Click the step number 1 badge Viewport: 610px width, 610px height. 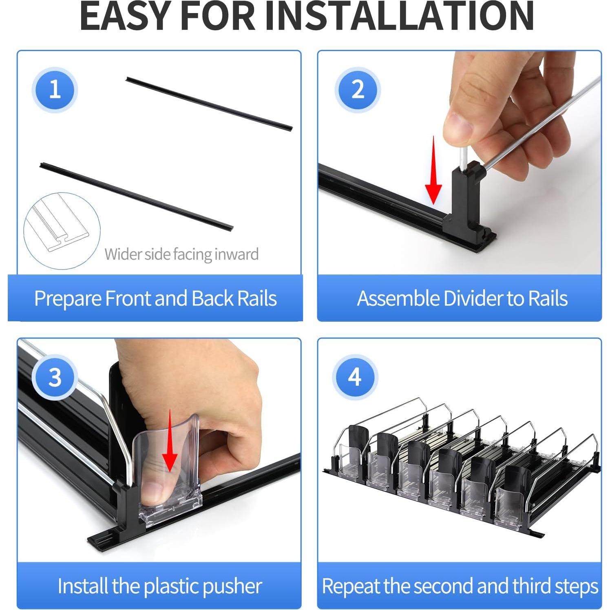(55, 89)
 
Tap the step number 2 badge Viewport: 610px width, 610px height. (358, 89)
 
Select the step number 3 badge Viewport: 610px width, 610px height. (55, 377)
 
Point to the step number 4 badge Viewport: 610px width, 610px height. (355, 377)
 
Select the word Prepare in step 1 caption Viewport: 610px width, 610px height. (68, 299)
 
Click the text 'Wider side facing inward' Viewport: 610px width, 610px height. (181, 254)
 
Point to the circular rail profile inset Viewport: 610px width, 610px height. (62, 231)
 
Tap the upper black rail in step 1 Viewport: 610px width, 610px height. (209, 103)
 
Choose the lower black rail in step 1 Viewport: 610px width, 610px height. (137, 196)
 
